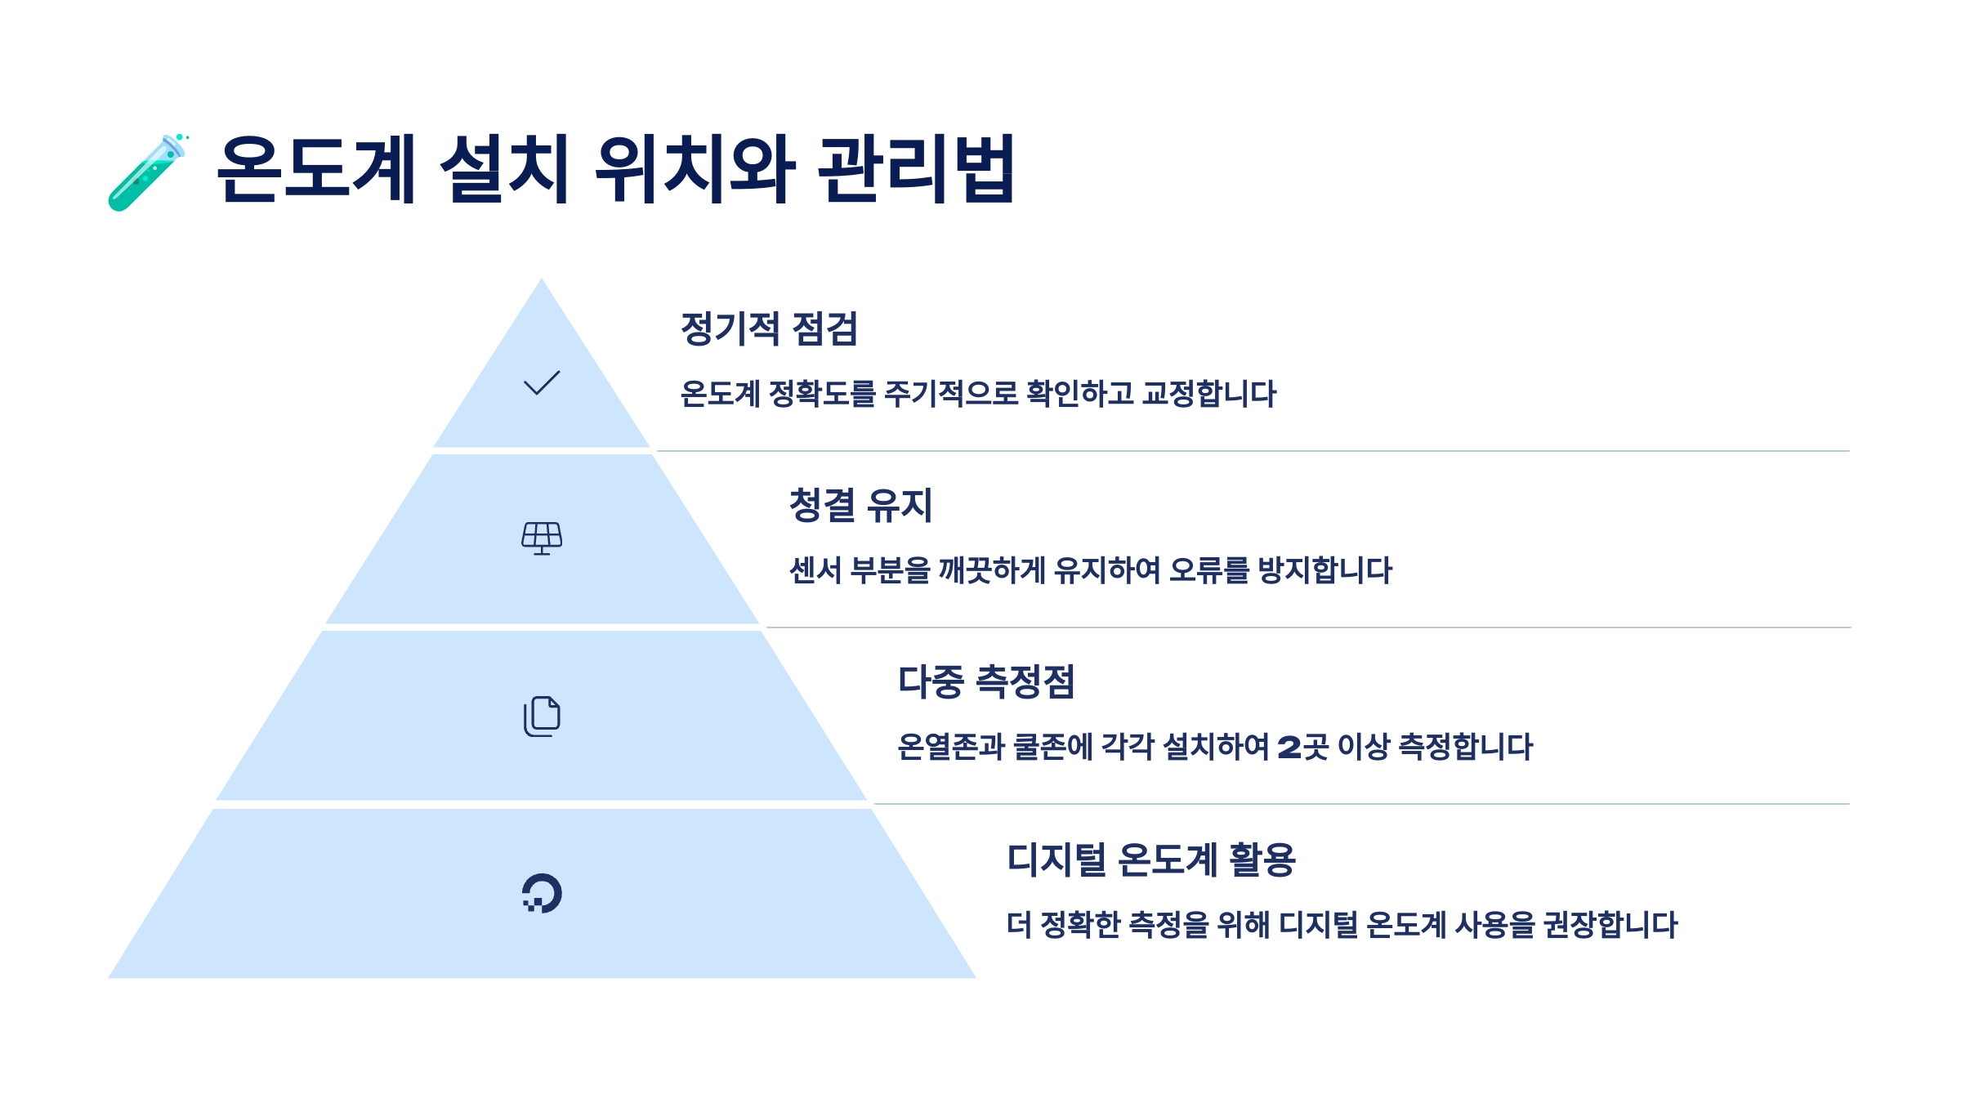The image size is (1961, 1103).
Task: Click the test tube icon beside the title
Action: [x=147, y=172]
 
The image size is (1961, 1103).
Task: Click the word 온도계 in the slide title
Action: [x=316, y=169]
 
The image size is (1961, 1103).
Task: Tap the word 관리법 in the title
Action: [x=916, y=169]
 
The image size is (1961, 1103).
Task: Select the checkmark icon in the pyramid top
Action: [x=542, y=382]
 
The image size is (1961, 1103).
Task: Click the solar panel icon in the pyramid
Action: [x=542, y=538]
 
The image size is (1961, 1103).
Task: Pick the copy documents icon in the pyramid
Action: [x=542, y=717]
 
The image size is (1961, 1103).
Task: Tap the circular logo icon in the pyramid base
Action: [x=542, y=893]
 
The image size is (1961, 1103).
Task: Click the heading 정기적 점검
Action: [x=769, y=328]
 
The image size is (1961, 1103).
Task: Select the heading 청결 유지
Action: [x=860, y=505]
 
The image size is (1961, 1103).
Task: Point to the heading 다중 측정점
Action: [x=986, y=681]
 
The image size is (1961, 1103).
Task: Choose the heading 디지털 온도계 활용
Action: [x=1151, y=860]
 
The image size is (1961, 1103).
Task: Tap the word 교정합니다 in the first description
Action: [x=1208, y=394]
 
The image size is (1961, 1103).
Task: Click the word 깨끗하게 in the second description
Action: [x=991, y=570]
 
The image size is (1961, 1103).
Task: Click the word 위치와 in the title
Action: [x=695, y=169]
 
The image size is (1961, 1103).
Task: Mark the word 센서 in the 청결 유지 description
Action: [x=815, y=570]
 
